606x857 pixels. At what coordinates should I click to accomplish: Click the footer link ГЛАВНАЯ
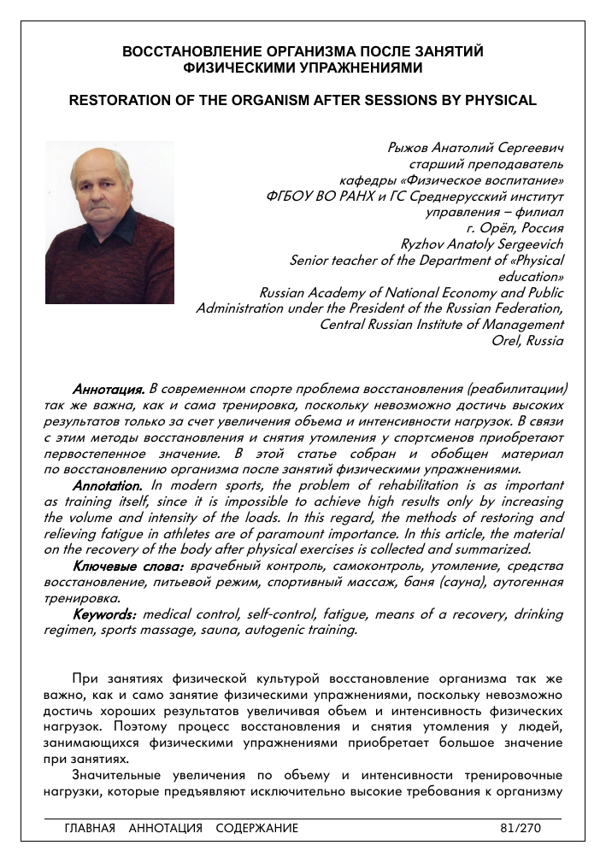[90, 828]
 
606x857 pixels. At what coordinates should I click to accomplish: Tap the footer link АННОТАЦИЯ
[166, 828]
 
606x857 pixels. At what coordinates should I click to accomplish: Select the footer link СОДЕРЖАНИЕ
[257, 828]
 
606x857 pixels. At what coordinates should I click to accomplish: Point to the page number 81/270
[521, 828]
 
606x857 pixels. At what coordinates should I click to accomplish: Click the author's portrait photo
[109, 222]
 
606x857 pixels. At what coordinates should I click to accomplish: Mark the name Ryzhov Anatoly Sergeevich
[482, 244]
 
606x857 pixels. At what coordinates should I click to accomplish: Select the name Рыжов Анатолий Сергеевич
[476, 147]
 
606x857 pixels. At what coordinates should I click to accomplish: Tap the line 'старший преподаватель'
[486, 163]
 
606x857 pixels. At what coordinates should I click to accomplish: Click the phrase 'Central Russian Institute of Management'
[441, 325]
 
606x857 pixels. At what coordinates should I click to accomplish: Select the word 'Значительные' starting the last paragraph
[117, 776]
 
